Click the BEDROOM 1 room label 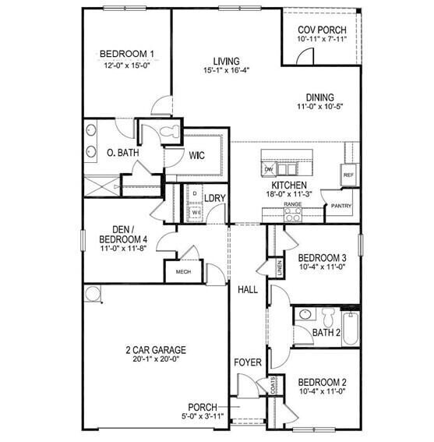(x=127, y=54)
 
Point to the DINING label (x=319, y=97)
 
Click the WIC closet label (x=196, y=155)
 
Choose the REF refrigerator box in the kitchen (x=348, y=175)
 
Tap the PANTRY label (x=341, y=207)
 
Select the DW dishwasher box (x=269, y=169)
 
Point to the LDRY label (x=215, y=198)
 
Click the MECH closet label (x=183, y=272)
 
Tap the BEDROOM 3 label (x=321, y=257)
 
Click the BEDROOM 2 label (x=321, y=382)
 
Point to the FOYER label (x=248, y=362)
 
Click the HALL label (x=248, y=289)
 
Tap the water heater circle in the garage (x=93, y=294)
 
